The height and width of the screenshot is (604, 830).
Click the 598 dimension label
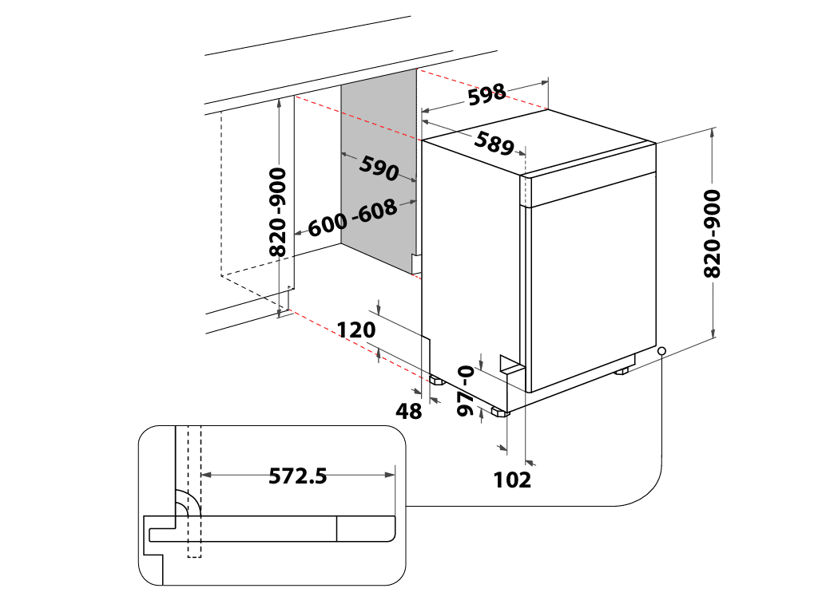(x=487, y=95)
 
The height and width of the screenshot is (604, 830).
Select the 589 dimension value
(x=494, y=143)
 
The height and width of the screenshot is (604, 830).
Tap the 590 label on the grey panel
(x=379, y=168)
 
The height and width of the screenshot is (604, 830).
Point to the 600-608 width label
(x=352, y=217)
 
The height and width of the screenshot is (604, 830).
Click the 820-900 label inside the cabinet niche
(x=277, y=211)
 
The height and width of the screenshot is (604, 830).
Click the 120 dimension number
(x=356, y=330)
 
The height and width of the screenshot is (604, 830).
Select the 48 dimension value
(x=409, y=411)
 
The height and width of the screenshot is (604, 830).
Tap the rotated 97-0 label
(x=465, y=390)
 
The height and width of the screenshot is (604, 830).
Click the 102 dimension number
(x=512, y=480)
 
